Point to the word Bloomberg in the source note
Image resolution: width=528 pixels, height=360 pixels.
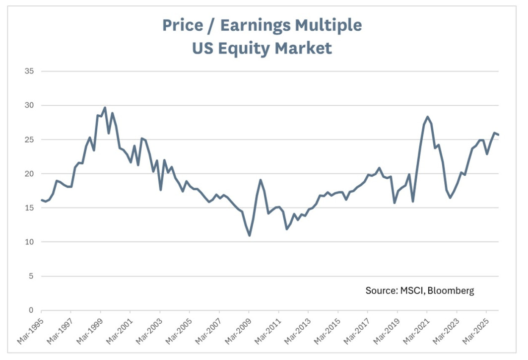(449, 290)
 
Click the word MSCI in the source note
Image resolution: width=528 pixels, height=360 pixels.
(409, 290)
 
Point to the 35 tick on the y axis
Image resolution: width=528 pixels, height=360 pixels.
(29, 71)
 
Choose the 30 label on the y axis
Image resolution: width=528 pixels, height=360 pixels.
(29, 105)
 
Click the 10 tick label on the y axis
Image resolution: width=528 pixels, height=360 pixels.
(29, 242)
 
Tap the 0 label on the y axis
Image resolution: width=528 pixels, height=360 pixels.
(31, 310)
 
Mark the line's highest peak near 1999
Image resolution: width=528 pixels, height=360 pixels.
(105, 108)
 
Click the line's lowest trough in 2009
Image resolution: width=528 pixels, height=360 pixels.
(249, 235)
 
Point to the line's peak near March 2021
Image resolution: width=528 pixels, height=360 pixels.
(427, 117)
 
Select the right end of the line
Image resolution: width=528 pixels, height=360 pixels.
(498, 135)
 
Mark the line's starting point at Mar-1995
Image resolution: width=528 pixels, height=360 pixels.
(41, 200)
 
